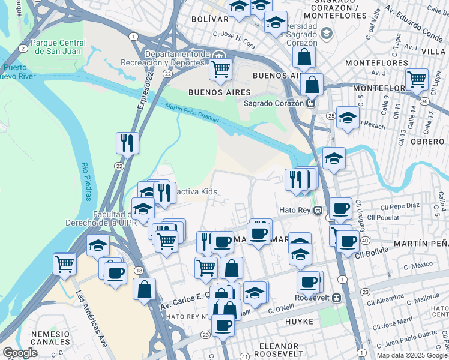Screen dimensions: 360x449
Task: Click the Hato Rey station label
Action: pyautogui.click(x=297, y=210)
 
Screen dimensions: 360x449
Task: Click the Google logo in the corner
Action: pyautogui.click(x=20, y=353)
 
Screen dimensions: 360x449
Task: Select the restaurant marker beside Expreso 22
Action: pyautogui.click(x=127, y=143)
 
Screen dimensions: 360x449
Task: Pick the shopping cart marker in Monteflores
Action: pyautogui.click(x=417, y=79)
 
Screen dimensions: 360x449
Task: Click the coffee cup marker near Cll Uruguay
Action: pyautogui.click(x=340, y=208)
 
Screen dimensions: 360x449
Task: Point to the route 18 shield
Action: pyautogui.click(x=139, y=271)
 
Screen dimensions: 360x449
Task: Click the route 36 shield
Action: pyautogui.click(x=424, y=101)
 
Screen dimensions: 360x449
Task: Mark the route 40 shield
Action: pyautogui.click(x=364, y=240)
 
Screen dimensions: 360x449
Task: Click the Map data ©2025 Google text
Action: pyautogui.click(x=412, y=355)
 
